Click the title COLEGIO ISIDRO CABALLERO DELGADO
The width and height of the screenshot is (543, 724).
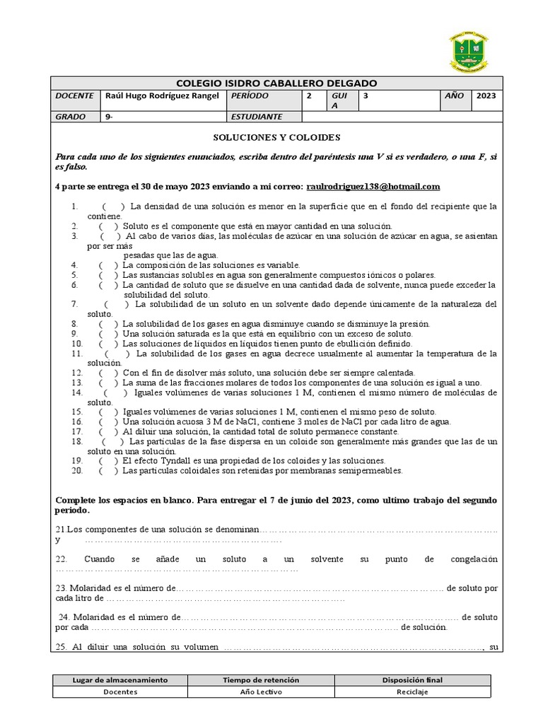click(x=276, y=83)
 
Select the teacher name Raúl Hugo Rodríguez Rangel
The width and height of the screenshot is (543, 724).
click(x=162, y=96)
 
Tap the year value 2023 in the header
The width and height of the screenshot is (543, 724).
click(x=486, y=96)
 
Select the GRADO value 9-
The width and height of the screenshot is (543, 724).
click(x=109, y=117)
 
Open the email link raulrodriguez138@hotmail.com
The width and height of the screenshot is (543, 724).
click(x=373, y=187)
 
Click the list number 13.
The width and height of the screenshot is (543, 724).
click(x=77, y=383)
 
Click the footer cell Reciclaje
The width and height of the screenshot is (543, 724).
click(x=411, y=691)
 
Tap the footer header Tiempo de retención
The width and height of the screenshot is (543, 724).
click(x=261, y=679)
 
